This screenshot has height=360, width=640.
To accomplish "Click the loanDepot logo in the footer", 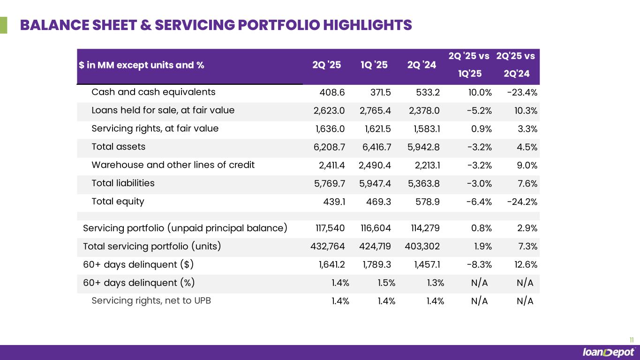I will [x=608, y=352].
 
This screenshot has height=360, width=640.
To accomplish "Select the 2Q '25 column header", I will [x=327, y=65].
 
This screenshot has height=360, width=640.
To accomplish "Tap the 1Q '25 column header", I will [x=374, y=65].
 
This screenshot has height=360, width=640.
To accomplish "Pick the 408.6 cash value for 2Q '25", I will [x=332, y=92].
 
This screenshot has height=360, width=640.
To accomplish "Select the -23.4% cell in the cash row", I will [x=522, y=92].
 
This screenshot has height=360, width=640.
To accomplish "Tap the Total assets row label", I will [x=118, y=147].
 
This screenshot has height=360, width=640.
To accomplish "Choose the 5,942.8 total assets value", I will [x=424, y=147].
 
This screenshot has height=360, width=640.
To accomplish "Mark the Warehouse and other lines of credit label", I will [x=173, y=165].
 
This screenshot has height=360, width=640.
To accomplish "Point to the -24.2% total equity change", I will [x=522, y=202].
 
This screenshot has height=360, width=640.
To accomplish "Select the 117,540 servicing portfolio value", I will [x=330, y=229].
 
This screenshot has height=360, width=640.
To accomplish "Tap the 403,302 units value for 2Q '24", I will [x=422, y=247].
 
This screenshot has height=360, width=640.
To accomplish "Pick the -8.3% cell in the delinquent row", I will [x=479, y=265].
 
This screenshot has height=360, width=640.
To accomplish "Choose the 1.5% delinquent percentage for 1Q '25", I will [x=386, y=283].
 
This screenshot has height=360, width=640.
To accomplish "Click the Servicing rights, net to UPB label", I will [x=151, y=301].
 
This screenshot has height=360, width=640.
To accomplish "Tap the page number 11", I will [x=631, y=340].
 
